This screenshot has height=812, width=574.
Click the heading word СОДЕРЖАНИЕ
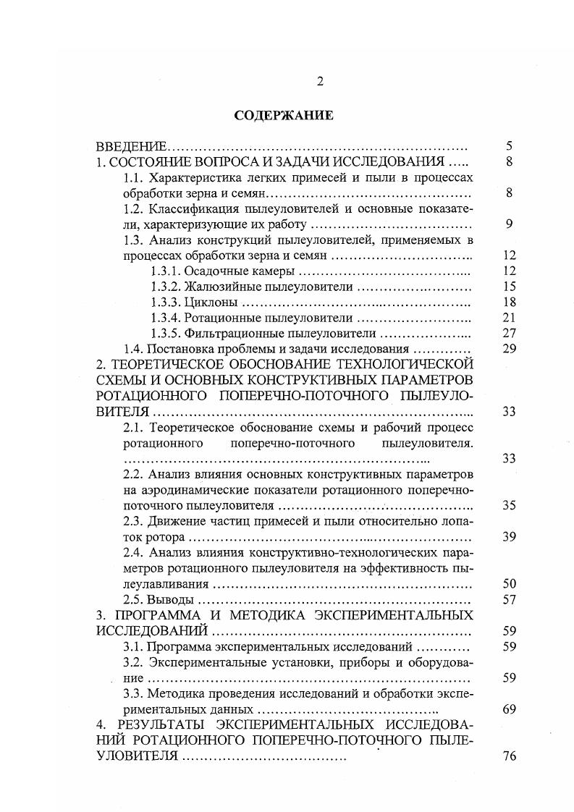coord(283,114)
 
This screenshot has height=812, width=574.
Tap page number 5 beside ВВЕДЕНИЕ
coord(510,146)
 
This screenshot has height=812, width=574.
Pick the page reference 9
coord(510,224)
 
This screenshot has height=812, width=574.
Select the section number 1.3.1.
coord(166,271)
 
